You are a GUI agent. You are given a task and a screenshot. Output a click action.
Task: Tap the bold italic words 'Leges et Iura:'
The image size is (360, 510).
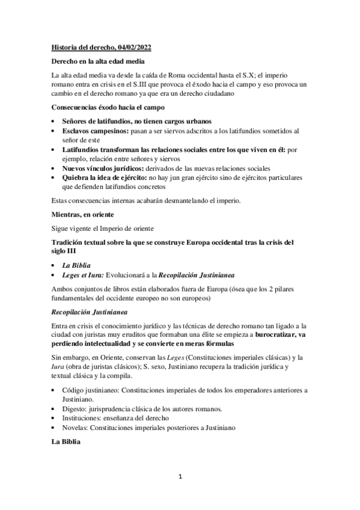coord(83,275)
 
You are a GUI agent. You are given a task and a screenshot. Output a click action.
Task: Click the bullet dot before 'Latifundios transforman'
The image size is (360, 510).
coord(55,150)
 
